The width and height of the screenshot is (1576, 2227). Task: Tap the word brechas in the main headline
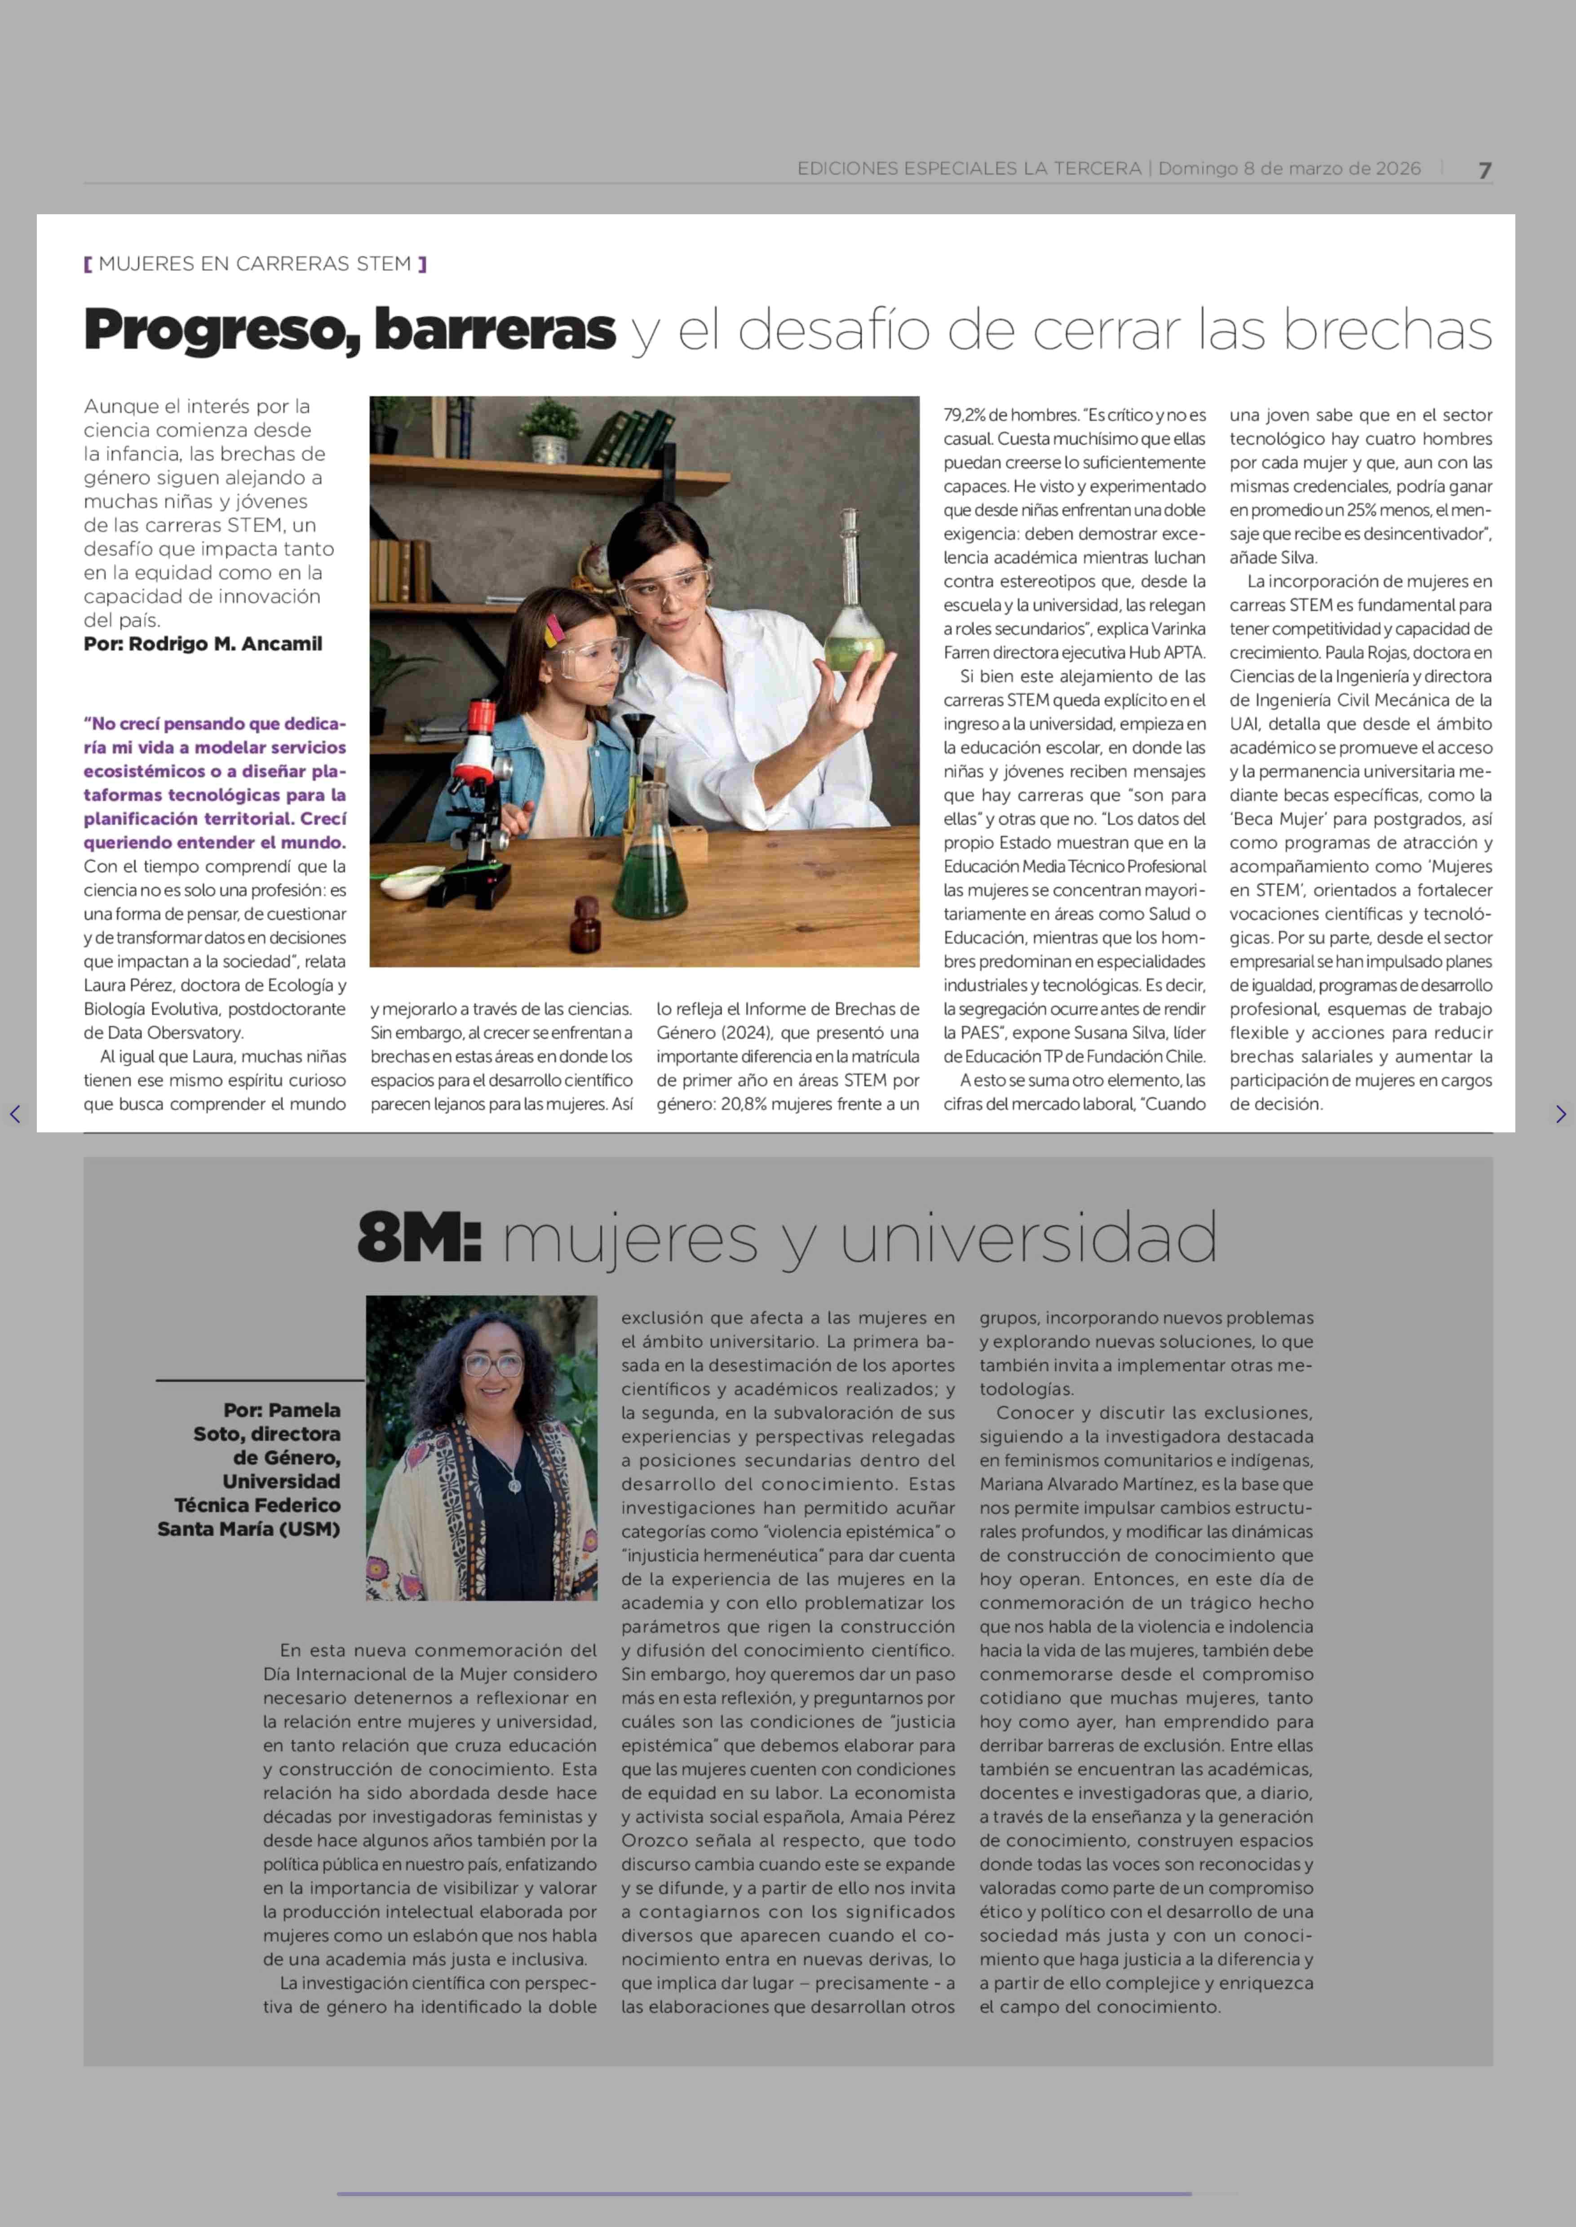pos(1388,330)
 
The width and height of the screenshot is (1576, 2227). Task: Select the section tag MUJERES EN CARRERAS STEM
pos(254,264)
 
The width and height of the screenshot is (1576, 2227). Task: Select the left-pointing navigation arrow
pos(14,1114)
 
